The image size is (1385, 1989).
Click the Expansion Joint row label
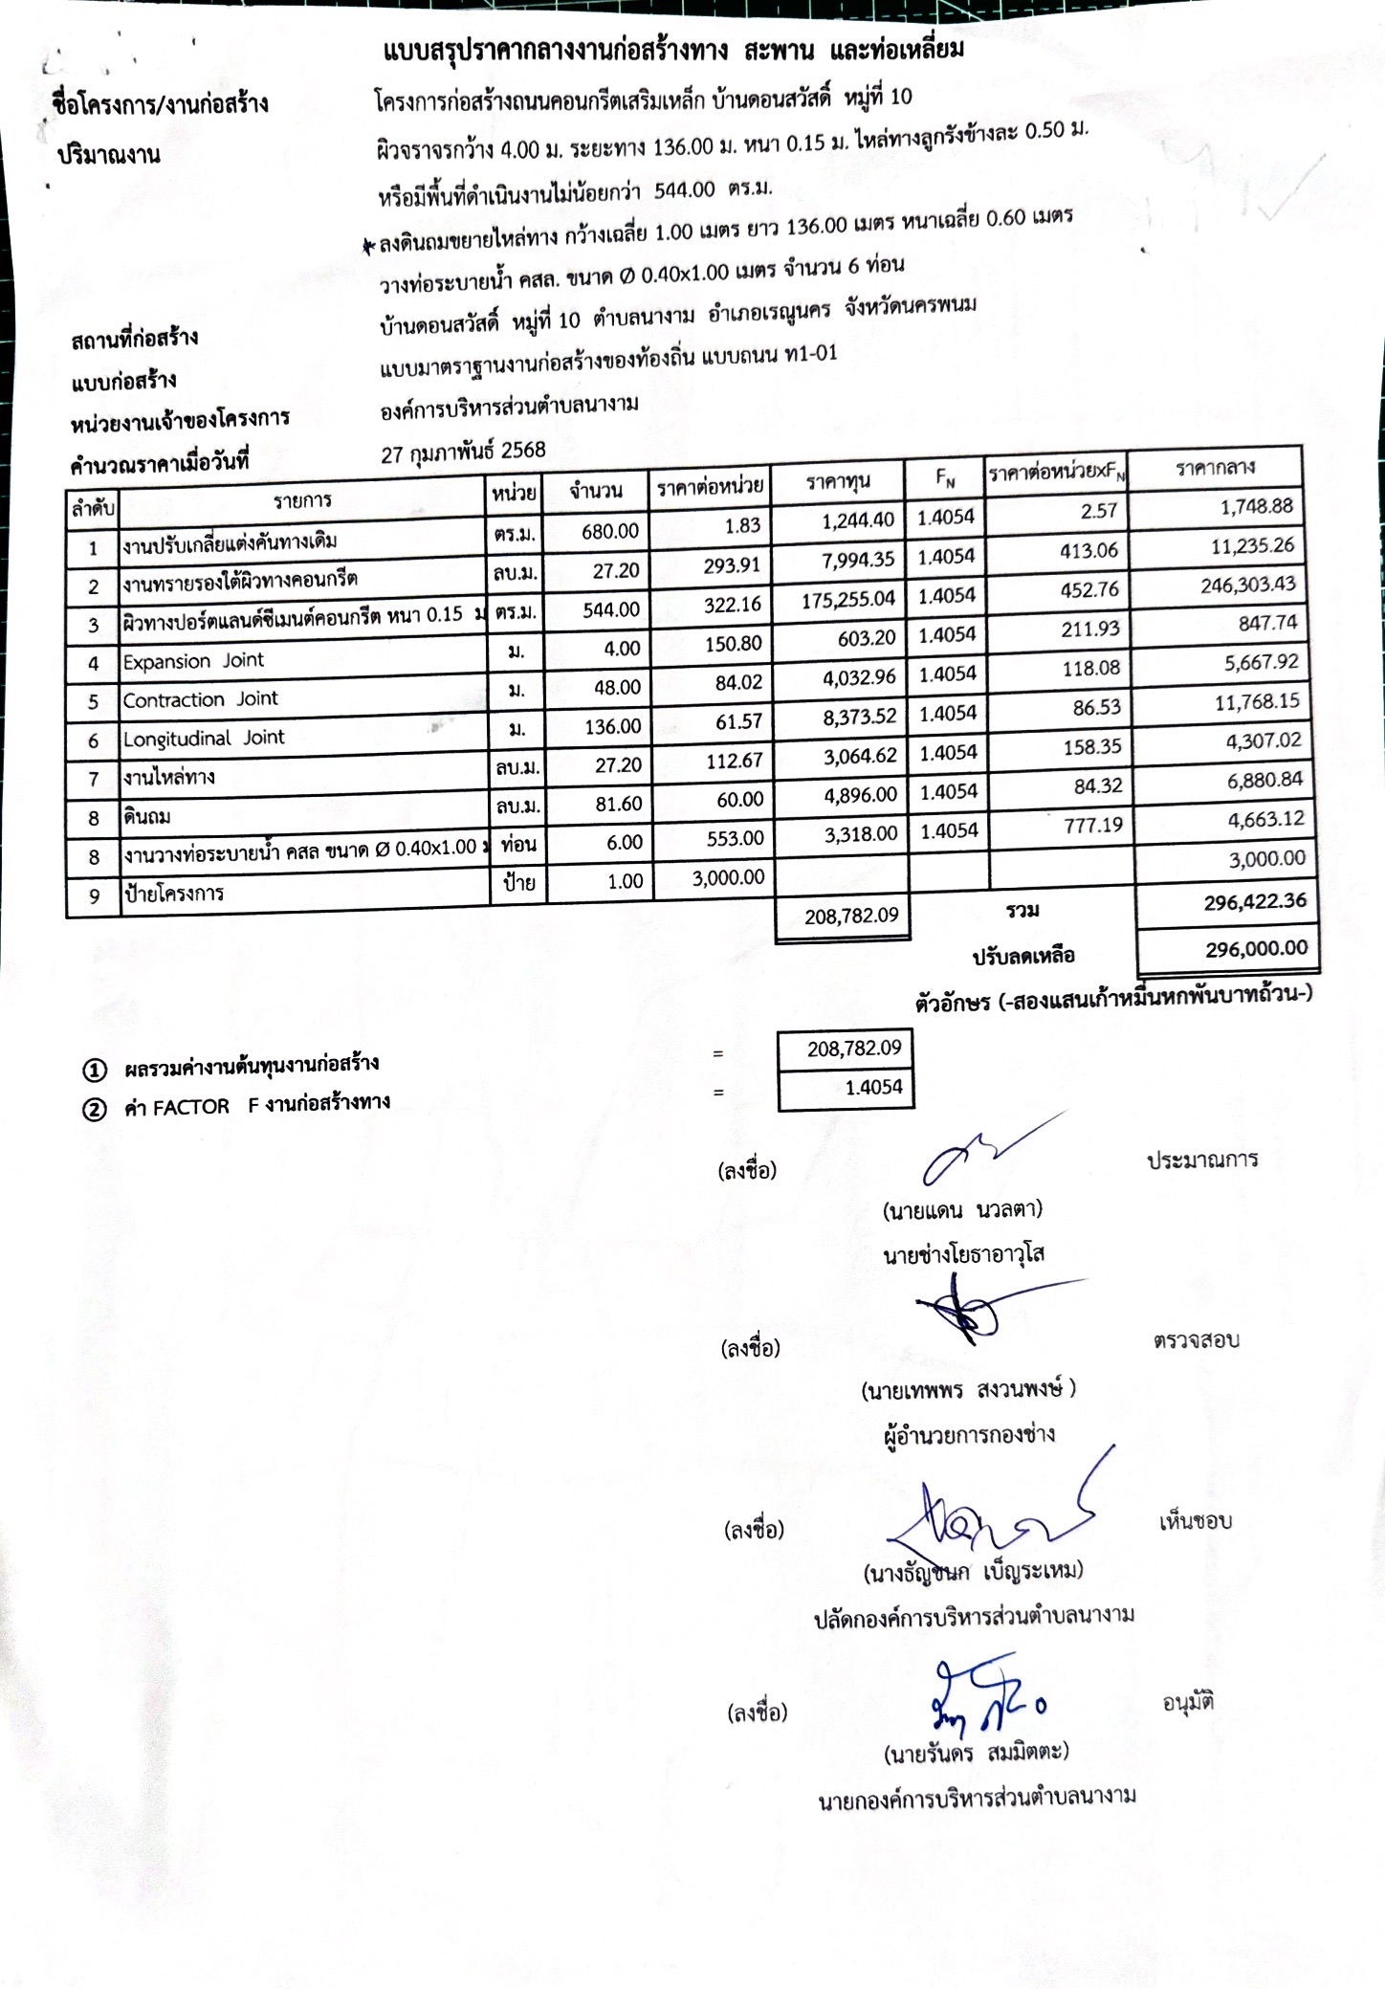point(193,661)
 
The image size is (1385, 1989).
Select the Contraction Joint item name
point(200,699)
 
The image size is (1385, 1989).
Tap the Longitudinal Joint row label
point(204,739)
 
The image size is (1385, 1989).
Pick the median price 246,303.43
point(1247,585)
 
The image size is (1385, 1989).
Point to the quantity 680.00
point(609,531)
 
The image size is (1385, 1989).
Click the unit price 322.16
point(732,605)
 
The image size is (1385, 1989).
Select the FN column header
point(945,475)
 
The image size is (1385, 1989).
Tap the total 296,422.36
point(1254,901)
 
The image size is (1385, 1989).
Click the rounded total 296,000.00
point(1256,948)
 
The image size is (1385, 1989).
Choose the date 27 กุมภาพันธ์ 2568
point(463,452)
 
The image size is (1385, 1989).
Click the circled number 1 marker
point(94,1070)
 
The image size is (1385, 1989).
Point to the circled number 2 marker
point(94,1110)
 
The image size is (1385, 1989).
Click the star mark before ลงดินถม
point(368,247)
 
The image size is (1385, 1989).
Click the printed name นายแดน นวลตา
point(962,1210)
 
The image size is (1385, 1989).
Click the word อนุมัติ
point(1188,1702)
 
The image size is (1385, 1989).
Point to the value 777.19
point(1093,825)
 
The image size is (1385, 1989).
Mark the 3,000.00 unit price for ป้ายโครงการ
point(728,877)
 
